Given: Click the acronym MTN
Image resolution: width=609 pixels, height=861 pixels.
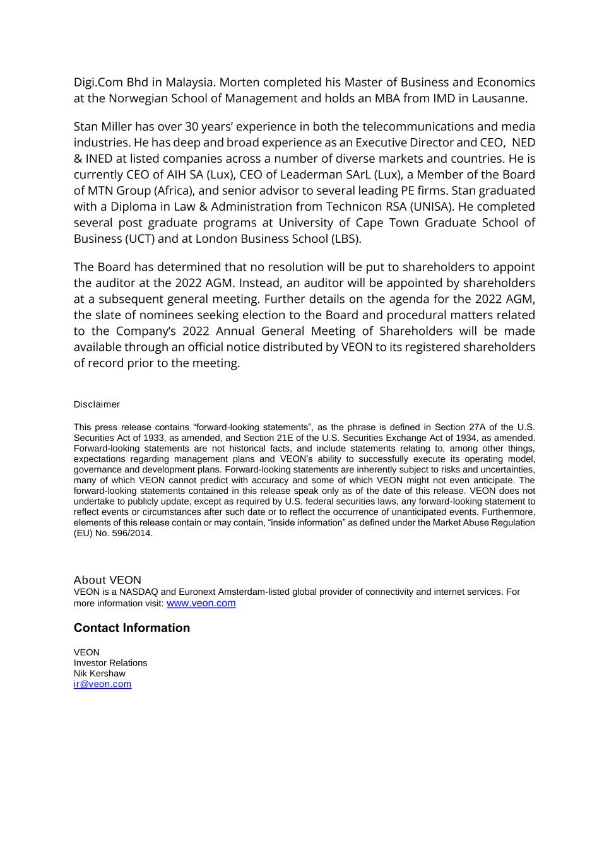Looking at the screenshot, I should (x=102, y=190).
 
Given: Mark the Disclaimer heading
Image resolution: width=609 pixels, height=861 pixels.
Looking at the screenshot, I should (x=97, y=404).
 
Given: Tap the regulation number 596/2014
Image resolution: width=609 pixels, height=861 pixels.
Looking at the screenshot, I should (x=131, y=533).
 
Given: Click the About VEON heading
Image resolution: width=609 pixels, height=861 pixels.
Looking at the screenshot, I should (x=107, y=580).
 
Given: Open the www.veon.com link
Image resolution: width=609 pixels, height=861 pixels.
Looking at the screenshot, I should (x=201, y=603).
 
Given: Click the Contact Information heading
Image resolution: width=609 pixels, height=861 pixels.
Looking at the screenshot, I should (x=131, y=628).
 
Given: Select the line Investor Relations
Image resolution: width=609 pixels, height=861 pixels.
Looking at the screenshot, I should (x=110, y=663).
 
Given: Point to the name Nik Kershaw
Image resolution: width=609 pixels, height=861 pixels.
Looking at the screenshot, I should (x=99, y=674).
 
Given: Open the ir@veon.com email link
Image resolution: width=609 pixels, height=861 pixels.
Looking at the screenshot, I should (x=102, y=684).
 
